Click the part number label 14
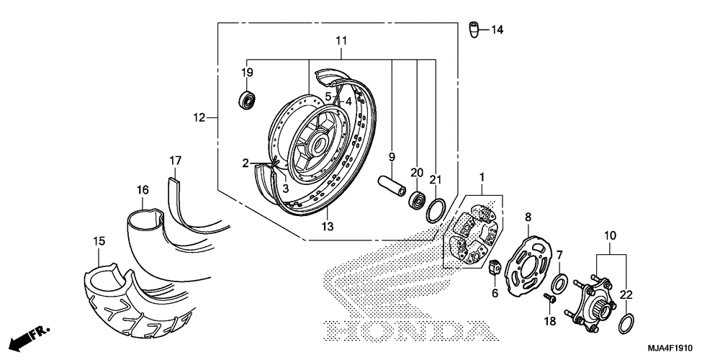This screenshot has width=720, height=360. point(498,30)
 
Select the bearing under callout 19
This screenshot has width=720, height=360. point(248,100)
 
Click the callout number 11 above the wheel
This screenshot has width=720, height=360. point(341,40)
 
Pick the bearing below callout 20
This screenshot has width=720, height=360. point(418,199)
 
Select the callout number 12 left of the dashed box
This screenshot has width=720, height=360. point(199,118)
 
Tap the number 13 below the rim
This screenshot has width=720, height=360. point(328,226)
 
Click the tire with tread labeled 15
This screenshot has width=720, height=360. point(138,294)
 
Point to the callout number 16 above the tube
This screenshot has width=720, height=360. point(143,189)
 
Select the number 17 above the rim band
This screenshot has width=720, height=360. point(175,161)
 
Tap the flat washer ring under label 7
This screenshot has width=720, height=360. point(559,282)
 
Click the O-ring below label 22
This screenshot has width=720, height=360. point(627,324)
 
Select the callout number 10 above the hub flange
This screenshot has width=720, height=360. point(611,236)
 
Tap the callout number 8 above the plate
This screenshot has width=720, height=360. point(528,216)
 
